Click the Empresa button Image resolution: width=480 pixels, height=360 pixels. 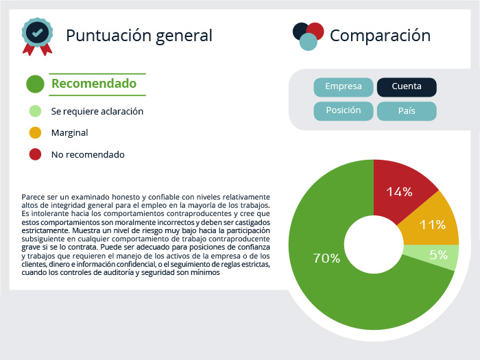pyautogui.click(x=343, y=87)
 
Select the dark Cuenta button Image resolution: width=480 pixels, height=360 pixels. pyautogui.click(x=407, y=87)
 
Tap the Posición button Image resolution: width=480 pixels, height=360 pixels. pyautogui.click(x=343, y=111)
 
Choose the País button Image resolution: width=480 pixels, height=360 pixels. pyautogui.click(x=407, y=111)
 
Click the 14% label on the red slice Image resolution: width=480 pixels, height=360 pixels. pyautogui.click(x=399, y=192)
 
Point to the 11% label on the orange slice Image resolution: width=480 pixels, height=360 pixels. pyautogui.click(x=432, y=225)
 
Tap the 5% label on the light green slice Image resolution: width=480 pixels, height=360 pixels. pyautogui.click(x=438, y=254)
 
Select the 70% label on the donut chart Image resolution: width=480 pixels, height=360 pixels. pyautogui.click(x=326, y=259)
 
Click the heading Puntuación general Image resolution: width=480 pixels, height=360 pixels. pyautogui.click(x=139, y=36)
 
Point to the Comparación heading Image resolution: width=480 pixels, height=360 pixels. pyautogui.click(x=380, y=36)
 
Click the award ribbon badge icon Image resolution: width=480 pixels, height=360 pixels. pyautogui.click(x=37, y=36)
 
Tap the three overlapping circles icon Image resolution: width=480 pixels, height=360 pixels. pyautogui.click(x=309, y=36)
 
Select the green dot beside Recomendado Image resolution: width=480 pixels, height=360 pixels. pyautogui.click(x=35, y=84)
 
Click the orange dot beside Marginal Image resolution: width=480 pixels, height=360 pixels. pyautogui.click(x=35, y=133)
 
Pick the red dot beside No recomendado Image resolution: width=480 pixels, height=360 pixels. pyautogui.click(x=35, y=154)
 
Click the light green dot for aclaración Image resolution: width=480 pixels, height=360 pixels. pyautogui.click(x=35, y=111)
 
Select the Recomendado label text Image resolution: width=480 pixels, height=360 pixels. pyautogui.click(x=94, y=84)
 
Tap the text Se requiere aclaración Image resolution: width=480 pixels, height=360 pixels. pyautogui.click(x=97, y=111)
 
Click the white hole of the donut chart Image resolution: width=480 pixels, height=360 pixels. pyautogui.click(x=374, y=245)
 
